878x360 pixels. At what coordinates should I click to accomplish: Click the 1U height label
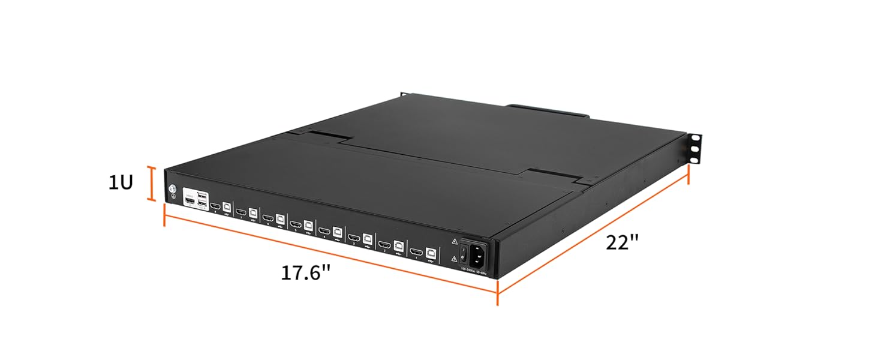click(120, 183)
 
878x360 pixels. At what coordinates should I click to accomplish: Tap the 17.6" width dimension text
click(306, 272)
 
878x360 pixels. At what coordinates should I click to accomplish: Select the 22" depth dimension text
click(622, 243)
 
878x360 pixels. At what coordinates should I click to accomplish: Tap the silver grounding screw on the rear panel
click(172, 190)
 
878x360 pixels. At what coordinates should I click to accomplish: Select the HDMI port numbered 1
click(416, 251)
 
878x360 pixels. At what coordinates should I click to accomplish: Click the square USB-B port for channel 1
click(431, 253)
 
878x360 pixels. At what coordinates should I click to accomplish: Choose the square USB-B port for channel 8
click(227, 206)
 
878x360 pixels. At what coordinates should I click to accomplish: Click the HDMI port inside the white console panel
click(189, 202)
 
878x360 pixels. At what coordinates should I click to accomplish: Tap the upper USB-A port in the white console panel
click(202, 196)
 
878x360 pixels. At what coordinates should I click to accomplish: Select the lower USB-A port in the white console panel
click(202, 206)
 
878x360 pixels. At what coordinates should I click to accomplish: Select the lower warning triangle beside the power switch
click(454, 259)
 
